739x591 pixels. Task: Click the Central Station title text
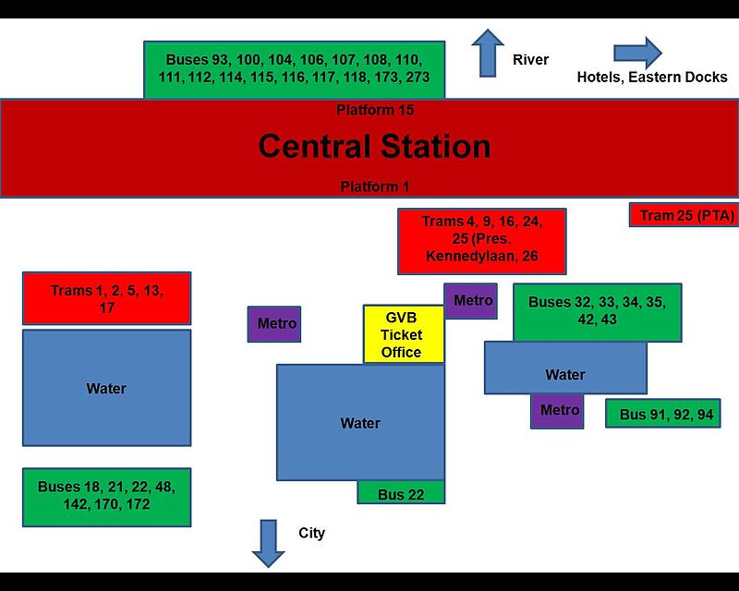(x=374, y=147)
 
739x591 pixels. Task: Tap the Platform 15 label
(x=374, y=110)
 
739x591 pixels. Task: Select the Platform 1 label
(x=374, y=187)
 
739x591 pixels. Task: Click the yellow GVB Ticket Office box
(x=403, y=334)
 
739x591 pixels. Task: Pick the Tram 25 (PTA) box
(x=683, y=215)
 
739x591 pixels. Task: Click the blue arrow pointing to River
(x=487, y=53)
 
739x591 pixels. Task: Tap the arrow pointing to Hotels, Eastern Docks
(x=637, y=53)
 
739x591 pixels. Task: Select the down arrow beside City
(x=269, y=543)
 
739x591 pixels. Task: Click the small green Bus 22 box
(x=401, y=494)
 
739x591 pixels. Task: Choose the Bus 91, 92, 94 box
(x=662, y=415)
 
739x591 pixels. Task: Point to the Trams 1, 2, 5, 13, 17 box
(x=106, y=298)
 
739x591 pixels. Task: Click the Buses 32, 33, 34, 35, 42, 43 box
(x=597, y=311)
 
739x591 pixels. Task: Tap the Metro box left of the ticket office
(x=274, y=324)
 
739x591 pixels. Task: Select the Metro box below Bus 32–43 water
(x=557, y=411)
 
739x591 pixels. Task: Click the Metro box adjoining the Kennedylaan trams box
(x=472, y=301)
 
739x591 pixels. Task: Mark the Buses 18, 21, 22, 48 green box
(x=106, y=497)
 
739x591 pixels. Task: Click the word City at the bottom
(x=312, y=533)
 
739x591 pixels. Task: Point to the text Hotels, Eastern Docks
(x=652, y=77)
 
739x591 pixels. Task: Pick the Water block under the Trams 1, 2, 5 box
(x=106, y=388)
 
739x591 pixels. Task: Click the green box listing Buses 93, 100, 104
(x=294, y=68)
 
